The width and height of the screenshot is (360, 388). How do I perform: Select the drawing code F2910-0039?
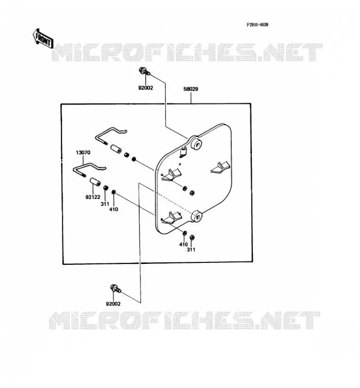point(257,25)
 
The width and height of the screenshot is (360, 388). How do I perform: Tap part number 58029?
point(191,89)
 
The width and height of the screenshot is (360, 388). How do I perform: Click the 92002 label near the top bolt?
point(146,88)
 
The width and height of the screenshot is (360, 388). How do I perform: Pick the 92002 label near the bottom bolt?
point(113,304)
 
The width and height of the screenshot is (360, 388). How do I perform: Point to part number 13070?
point(83,152)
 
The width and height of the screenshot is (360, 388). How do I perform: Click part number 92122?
point(93,197)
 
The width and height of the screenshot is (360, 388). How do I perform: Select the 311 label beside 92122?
point(105,204)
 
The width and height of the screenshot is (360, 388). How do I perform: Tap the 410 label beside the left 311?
point(114,210)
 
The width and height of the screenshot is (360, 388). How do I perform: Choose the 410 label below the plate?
point(183,244)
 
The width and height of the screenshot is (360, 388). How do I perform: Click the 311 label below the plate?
point(191,250)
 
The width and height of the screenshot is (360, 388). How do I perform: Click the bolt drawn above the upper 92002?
point(145,71)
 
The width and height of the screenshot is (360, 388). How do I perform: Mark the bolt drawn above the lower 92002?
point(115,289)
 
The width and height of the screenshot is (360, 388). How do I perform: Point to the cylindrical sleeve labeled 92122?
point(95,182)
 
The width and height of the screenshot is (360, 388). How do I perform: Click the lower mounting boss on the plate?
point(197,216)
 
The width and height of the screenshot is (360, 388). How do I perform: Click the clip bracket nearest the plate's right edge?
point(221,167)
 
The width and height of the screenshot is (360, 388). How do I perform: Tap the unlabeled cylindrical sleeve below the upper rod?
point(115,149)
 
